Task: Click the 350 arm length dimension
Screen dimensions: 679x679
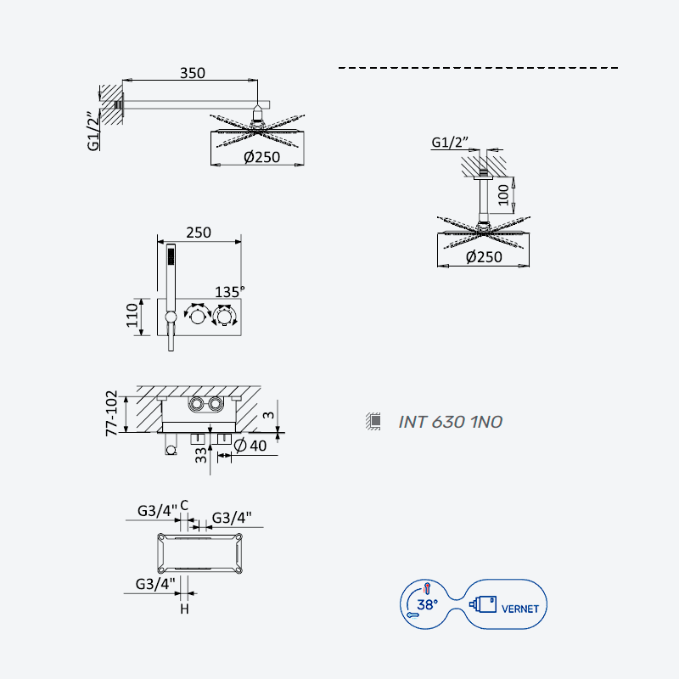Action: pyautogui.click(x=193, y=73)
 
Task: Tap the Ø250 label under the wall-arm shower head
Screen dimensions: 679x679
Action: pyautogui.click(x=261, y=157)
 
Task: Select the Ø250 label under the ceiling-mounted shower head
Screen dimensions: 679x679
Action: pyautogui.click(x=484, y=257)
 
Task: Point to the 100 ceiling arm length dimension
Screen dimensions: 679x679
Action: pyautogui.click(x=502, y=194)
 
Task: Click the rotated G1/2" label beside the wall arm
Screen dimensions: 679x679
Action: pyautogui.click(x=93, y=132)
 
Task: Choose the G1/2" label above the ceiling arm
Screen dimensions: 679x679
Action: pyautogui.click(x=450, y=142)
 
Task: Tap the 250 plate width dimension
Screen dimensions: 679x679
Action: pyautogui.click(x=199, y=233)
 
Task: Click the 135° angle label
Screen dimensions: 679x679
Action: pyautogui.click(x=229, y=292)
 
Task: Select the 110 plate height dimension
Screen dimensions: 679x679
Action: pyautogui.click(x=132, y=315)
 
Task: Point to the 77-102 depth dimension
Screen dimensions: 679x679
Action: pyautogui.click(x=111, y=413)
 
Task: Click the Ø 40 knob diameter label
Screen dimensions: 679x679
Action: pyautogui.click(x=250, y=445)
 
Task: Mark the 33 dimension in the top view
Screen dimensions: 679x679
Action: pyautogui.click(x=201, y=456)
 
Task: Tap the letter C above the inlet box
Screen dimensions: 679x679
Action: pyautogui.click(x=184, y=505)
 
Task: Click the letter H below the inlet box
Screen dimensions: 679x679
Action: pyautogui.click(x=184, y=609)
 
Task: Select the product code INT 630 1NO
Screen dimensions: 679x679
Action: pyautogui.click(x=450, y=422)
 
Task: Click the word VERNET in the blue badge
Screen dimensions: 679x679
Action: pyautogui.click(x=520, y=609)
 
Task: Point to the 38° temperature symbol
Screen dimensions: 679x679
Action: pyautogui.click(x=427, y=604)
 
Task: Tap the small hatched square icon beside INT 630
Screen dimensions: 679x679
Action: pyautogui.click(x=373, y=421)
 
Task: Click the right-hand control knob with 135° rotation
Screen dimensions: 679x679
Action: pyautogui.click(x=224, y=317)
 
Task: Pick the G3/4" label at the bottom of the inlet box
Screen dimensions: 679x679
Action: pyautogui.click(x=155, y=584)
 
